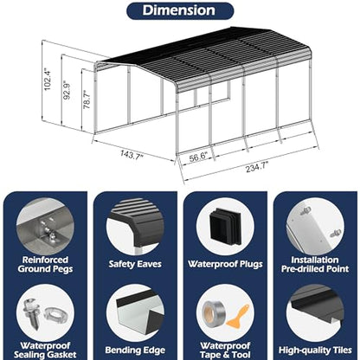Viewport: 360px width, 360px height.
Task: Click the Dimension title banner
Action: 180,11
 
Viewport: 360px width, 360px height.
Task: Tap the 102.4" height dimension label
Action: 47,80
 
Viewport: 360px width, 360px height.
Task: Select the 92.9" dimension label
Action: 67,90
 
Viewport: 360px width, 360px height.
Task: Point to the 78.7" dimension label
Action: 87,100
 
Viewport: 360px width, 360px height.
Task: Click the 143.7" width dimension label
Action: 132,154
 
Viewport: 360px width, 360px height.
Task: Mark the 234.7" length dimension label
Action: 257,167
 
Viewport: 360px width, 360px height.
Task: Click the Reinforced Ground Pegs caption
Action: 45,264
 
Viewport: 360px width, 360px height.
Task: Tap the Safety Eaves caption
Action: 135,264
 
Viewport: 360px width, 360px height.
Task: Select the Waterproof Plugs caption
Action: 225,264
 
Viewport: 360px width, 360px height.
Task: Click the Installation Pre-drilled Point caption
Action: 315,264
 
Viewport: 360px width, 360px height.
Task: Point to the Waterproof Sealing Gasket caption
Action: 45,350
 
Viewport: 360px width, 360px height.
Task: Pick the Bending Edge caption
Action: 135,350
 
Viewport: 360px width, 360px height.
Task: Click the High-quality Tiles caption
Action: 315,350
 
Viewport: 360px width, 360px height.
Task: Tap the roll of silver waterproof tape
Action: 213,313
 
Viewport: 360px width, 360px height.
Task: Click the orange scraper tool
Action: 238,317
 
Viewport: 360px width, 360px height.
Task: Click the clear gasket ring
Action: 55,314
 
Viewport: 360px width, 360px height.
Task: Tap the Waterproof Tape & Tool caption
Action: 225,350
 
